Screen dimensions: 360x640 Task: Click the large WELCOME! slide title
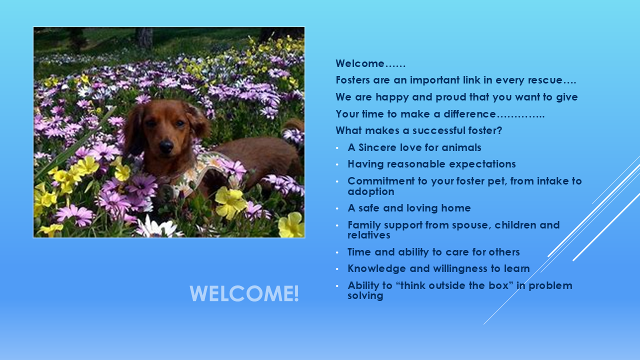pos(244,293)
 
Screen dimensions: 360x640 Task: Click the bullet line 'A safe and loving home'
pos(409,208)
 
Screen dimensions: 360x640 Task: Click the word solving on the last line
pos(365,295)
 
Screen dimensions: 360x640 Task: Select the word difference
pos(469,114)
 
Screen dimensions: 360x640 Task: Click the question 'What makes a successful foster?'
pos(419,130)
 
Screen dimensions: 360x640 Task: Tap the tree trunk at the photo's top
pos(144,37)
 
